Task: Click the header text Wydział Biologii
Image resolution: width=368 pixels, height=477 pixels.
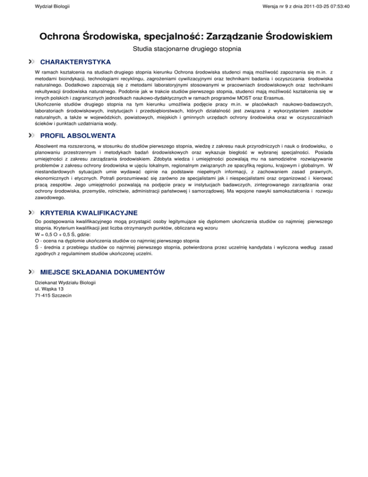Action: pos(52,7)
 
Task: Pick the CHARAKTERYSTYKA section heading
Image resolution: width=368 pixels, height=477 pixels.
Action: pos(76,62)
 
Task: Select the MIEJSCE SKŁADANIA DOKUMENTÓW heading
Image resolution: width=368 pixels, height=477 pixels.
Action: pos(103,272)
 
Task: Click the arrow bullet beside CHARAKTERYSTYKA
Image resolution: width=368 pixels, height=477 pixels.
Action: pos(32,62)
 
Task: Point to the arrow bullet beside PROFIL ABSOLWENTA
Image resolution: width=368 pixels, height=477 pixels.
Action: pos(32,136)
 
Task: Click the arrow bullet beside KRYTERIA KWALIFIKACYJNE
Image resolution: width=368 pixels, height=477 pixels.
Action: pos(32,213)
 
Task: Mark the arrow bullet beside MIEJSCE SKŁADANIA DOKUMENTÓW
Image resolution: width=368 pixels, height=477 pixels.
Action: pos(32,272)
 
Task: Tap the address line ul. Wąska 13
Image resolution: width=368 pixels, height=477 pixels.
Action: pos(49,290)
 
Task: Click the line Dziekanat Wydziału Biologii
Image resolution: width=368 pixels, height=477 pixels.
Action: pos(65,283)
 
